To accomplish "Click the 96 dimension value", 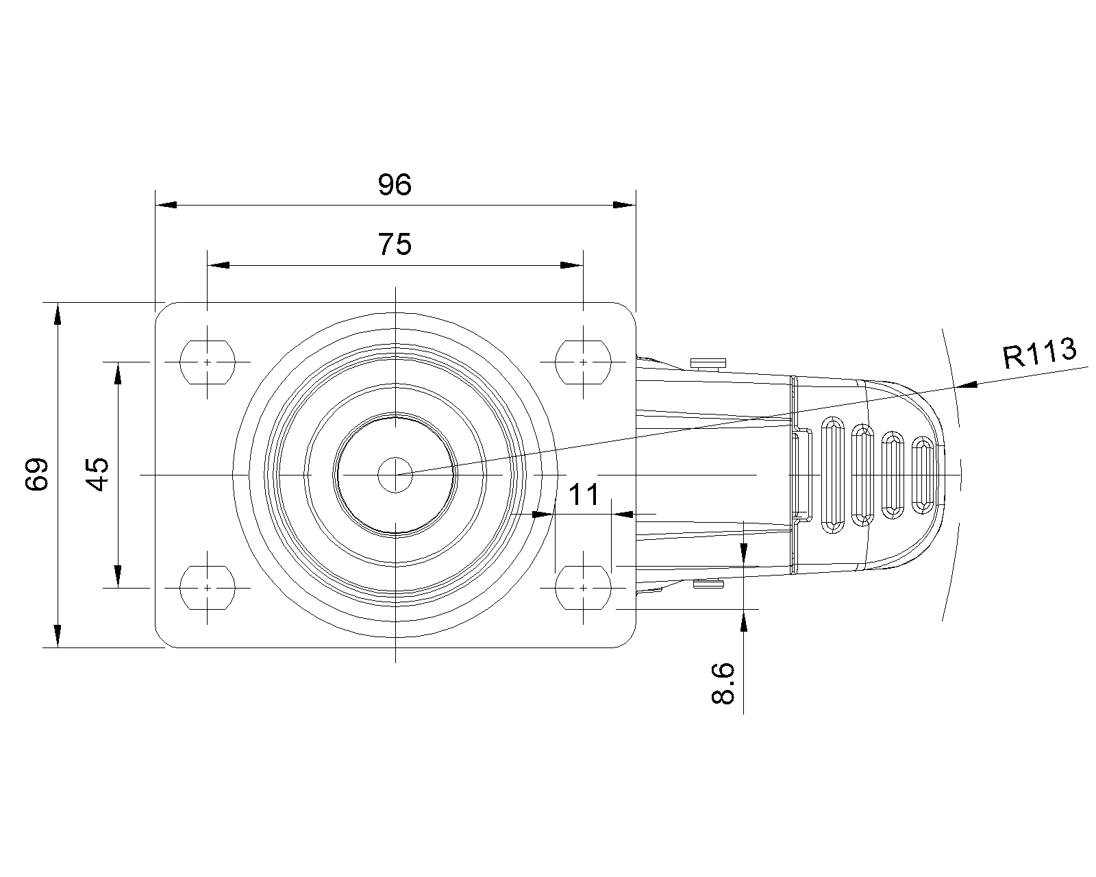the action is click(395, 184).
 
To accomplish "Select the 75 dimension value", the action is click(395, 244).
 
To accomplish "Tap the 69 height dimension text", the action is click(37, 474).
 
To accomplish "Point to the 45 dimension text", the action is click(97, 474).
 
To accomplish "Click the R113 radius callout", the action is click(1039, 353).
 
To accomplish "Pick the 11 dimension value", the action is click(584, 494).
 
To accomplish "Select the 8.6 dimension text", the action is click(723, 683).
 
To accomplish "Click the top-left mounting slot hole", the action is click(208, 362).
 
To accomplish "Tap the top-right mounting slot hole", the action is click(583, 362).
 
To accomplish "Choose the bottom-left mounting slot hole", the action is click(208, 588).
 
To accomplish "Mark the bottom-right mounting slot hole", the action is click(583, 588).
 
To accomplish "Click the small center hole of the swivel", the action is click(395, 475).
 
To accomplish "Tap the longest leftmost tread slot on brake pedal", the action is click(833, 475).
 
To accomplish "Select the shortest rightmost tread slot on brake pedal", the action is click(922, 475).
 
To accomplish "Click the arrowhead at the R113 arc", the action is click(966, 385).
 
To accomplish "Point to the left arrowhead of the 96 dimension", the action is click(166, 205).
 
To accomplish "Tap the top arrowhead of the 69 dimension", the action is click(58, 313).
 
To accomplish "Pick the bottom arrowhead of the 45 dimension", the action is click(118, 576).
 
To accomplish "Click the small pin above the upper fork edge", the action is click(708, 364).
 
